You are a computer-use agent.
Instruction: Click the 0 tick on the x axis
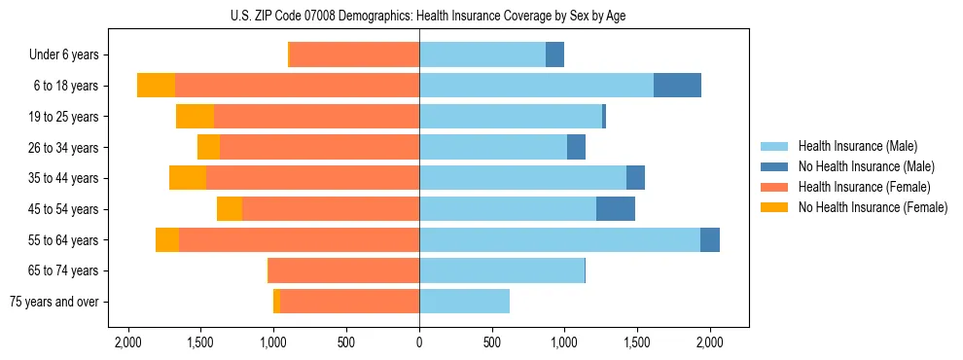[419, 342]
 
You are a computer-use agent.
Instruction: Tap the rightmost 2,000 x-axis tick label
[710, 342]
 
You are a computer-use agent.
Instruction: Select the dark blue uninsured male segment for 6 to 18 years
[677, 86]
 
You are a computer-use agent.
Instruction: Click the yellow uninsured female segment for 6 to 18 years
[156, 86]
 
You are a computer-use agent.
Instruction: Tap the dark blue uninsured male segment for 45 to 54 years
[616, 209]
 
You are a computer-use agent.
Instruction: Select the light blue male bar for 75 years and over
[464, 302]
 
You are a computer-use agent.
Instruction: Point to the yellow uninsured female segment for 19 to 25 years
[195, 117]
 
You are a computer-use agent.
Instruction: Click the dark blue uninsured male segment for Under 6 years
[554, 54]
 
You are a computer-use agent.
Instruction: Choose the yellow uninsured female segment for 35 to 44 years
[188, 178]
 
